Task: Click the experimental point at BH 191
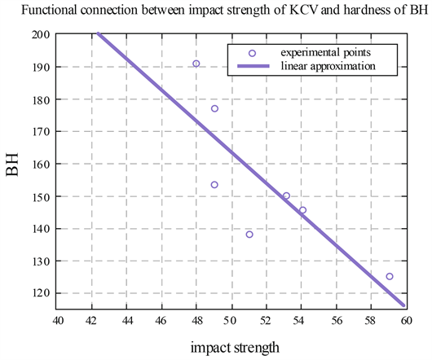[x=196, y=64]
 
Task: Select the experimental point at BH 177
[x=214, y=108]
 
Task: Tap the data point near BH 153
[x=214, y=185]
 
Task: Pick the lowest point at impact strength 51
[x=249, y=235]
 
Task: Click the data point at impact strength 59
[x=389, y=276]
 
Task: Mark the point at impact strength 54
[x=302, y=210]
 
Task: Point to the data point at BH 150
[x=286, y=195]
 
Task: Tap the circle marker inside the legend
[x=252, y=52]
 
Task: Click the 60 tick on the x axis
[x=405, y=320]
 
